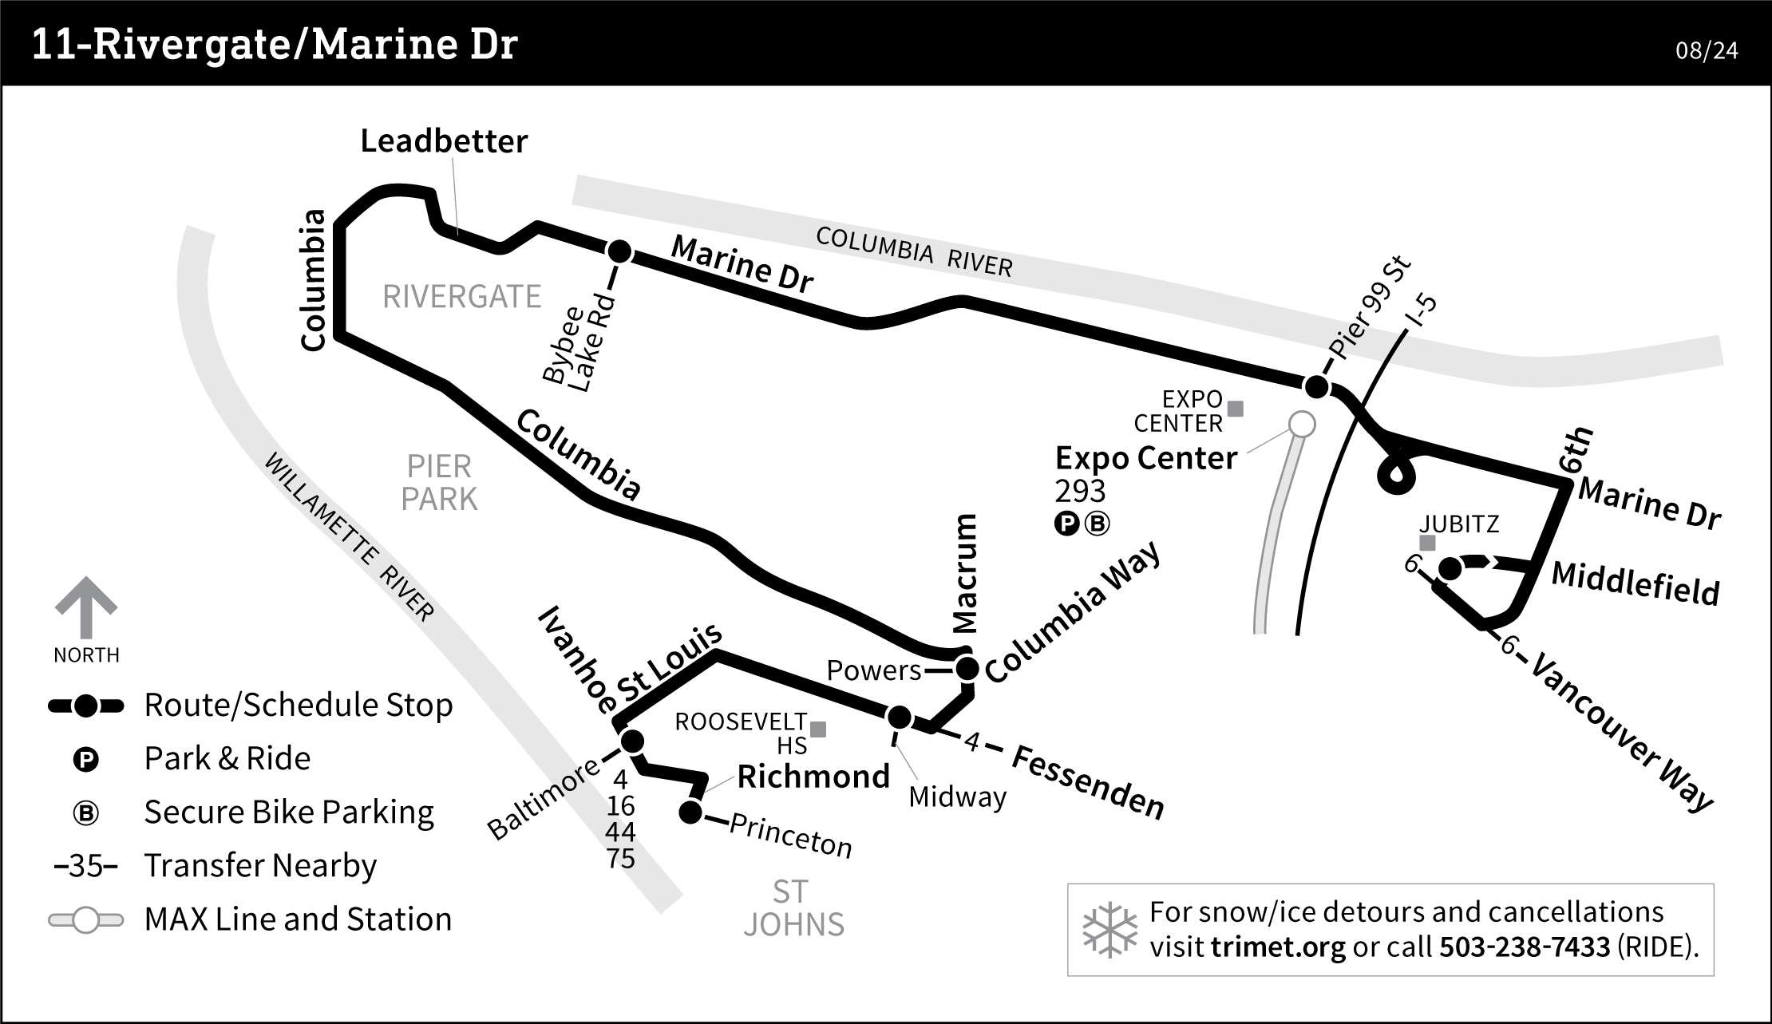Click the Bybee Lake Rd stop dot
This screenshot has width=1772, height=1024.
(619, 252)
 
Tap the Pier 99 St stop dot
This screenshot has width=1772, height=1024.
(1316, 387)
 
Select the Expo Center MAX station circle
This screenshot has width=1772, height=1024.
(1302, 424)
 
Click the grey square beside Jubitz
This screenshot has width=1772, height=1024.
(1428, 544)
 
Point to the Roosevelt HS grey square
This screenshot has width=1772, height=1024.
(818, 729)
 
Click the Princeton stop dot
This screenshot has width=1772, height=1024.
(690, 813)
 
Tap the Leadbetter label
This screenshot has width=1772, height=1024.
(444, 141)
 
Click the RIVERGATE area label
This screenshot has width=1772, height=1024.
(461, 297)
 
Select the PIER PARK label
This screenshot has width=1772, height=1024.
(439, 482)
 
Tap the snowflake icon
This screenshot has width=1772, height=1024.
(1109, 931)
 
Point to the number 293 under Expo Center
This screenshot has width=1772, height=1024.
(1080, 491)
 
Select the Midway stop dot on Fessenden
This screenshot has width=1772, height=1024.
(900, 718)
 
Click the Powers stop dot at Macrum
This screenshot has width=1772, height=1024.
(967, 669)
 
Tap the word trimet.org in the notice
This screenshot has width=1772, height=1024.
(1278, 947)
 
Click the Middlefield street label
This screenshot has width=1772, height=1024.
(1635, 584)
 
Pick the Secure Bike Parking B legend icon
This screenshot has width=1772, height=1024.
(86, 813)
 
